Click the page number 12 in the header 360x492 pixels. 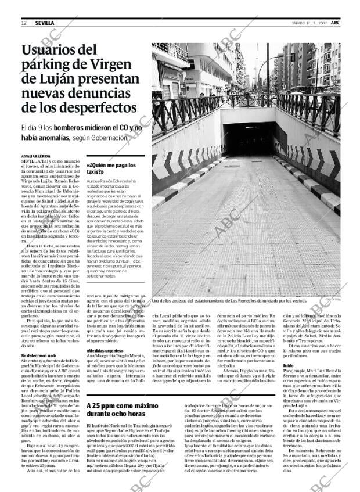pos(24,23)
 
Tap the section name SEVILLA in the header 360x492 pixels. pos(44,23)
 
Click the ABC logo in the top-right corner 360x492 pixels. pos(344,22)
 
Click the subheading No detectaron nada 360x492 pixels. pos(39,355)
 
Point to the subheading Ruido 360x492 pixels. pos(287,365)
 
